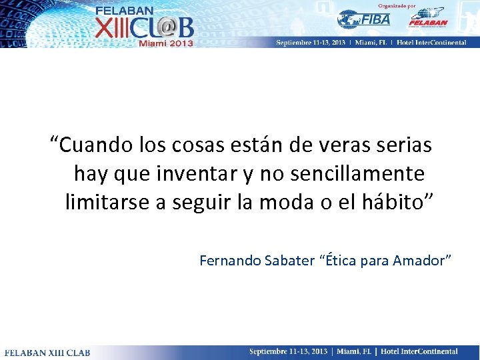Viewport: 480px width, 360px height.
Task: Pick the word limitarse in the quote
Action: click(108, 202)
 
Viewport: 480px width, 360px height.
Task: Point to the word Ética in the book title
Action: click(340, 261)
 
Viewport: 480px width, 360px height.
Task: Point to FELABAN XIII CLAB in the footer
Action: click(47, 352)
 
